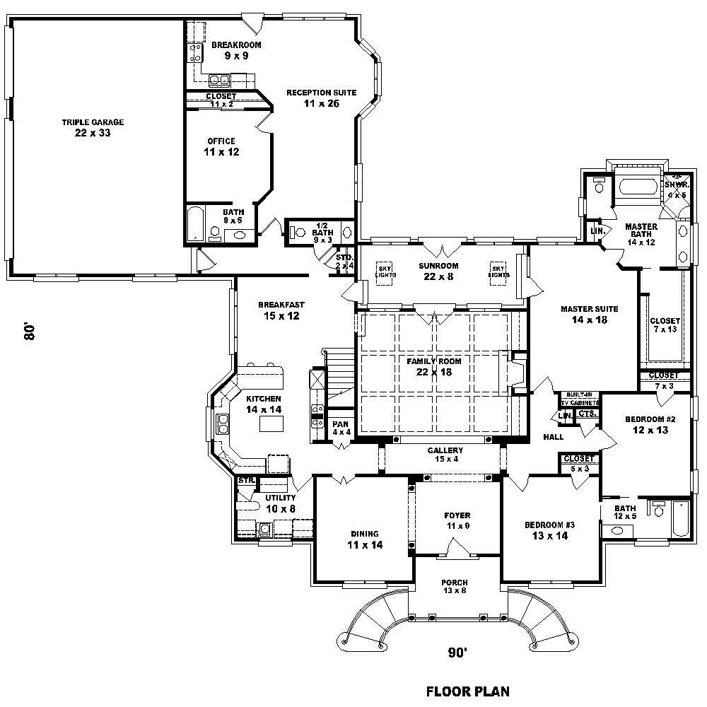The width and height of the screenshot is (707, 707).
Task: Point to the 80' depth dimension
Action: tap(30, 332)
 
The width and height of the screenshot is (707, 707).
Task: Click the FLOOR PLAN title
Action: tap(467, 691)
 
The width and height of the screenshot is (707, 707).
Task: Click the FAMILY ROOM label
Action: tap(433, 366)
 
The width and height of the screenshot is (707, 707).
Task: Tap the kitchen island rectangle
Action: tap(272, 423)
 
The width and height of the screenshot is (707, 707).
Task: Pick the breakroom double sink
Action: tap(220, 79)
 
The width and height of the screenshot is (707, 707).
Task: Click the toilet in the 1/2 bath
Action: tap(297, 231)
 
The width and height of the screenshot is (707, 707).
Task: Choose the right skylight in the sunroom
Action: tap(499, 273)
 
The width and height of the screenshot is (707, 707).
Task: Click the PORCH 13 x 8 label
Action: tap(455, 586)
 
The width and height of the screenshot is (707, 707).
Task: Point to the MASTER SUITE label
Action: tap(589, 314)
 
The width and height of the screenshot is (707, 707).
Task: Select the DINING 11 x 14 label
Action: tap(364, 539)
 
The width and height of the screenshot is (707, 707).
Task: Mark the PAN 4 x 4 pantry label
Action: tap(341, 428)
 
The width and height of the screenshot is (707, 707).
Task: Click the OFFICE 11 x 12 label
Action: tap(221, 146)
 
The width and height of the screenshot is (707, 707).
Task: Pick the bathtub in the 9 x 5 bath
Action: tap(195, 225)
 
